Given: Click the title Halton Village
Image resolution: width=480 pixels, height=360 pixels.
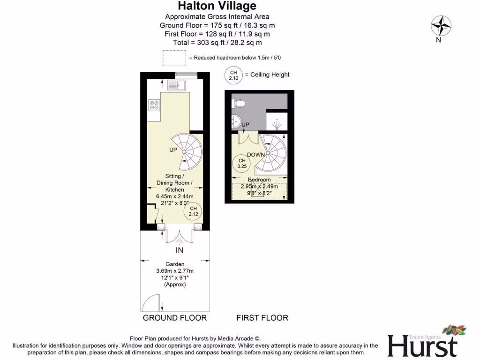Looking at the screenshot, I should pos(217,6).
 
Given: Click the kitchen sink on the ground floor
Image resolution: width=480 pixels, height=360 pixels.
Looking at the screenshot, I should pos(177,86).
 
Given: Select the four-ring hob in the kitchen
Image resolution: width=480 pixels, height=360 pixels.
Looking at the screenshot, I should pos(153,105).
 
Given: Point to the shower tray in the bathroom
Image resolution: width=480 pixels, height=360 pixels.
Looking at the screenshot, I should pos(277,121).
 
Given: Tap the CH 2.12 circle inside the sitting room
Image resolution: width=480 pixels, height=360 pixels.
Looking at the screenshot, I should pos(193,211).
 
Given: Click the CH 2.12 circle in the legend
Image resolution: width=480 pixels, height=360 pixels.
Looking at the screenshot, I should pos(234,75).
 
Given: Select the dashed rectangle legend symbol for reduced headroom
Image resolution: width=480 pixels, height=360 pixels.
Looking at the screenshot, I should pos(174,58).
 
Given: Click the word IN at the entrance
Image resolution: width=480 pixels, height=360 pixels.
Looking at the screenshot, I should pos(179,250).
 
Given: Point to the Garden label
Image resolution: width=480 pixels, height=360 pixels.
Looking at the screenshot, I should pos(174,264).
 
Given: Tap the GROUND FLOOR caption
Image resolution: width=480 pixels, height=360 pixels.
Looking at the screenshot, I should pos(174,318).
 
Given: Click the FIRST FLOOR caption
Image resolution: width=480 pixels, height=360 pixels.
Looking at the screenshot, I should pos(262,318).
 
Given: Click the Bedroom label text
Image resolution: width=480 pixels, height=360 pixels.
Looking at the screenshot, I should pos(259,180).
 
